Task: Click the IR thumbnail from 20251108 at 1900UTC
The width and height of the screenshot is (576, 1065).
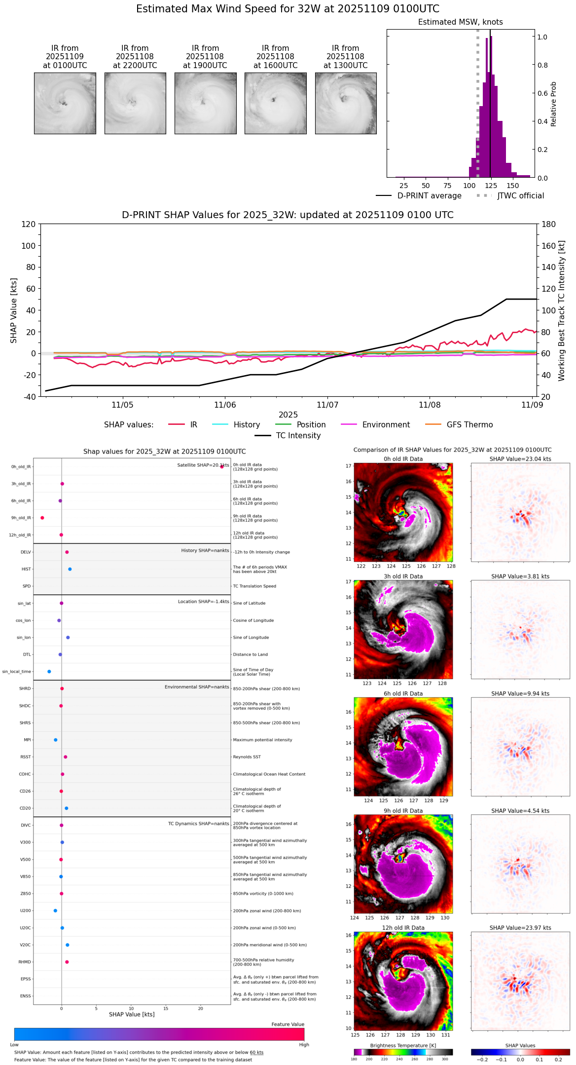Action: point(205,103)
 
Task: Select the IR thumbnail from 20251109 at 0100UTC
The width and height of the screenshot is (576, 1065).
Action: point(65,103)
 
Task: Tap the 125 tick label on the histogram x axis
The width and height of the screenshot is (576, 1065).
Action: point(491,186)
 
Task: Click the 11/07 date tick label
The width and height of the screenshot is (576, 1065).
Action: point(327,405)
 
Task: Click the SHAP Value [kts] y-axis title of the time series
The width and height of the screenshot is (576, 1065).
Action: point(14,310)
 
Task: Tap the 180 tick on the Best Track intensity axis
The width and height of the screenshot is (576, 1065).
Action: point(549,224)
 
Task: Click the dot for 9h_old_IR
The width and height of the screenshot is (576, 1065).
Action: point(42,518)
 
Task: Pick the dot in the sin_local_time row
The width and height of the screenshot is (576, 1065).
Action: point(49,672)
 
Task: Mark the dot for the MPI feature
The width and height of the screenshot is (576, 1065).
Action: point(56,740)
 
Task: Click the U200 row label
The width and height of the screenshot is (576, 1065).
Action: point(25,911)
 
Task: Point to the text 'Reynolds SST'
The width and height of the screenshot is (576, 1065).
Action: point(247,757)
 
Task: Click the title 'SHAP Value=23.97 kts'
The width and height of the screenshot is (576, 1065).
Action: point(520,928)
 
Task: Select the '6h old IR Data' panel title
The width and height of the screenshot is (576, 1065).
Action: point(403,693)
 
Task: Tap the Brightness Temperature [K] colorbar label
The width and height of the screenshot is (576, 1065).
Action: point(403,1045)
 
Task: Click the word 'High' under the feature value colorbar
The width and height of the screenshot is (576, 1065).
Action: point(304,1045)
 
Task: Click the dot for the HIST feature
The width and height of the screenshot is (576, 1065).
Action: point(70,569)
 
